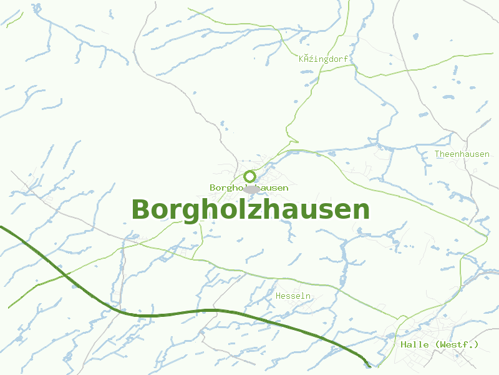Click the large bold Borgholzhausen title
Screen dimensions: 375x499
point(250,210)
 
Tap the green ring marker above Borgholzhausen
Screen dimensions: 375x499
point(250,176)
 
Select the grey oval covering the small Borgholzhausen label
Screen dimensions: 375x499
point(251,188)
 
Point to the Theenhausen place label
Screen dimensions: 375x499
point(462,154)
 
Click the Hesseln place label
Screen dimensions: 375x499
point(293,296)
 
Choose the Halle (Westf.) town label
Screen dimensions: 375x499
point(439,344)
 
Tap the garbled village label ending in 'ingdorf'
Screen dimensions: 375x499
point(323,59)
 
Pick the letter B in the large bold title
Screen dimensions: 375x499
point(142,210)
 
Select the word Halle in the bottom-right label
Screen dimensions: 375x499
point(414,344)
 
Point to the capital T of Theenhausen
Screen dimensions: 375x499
point(437,154)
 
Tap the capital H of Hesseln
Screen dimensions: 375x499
point(279,296)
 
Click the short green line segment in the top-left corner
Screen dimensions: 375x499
point(14,19)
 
